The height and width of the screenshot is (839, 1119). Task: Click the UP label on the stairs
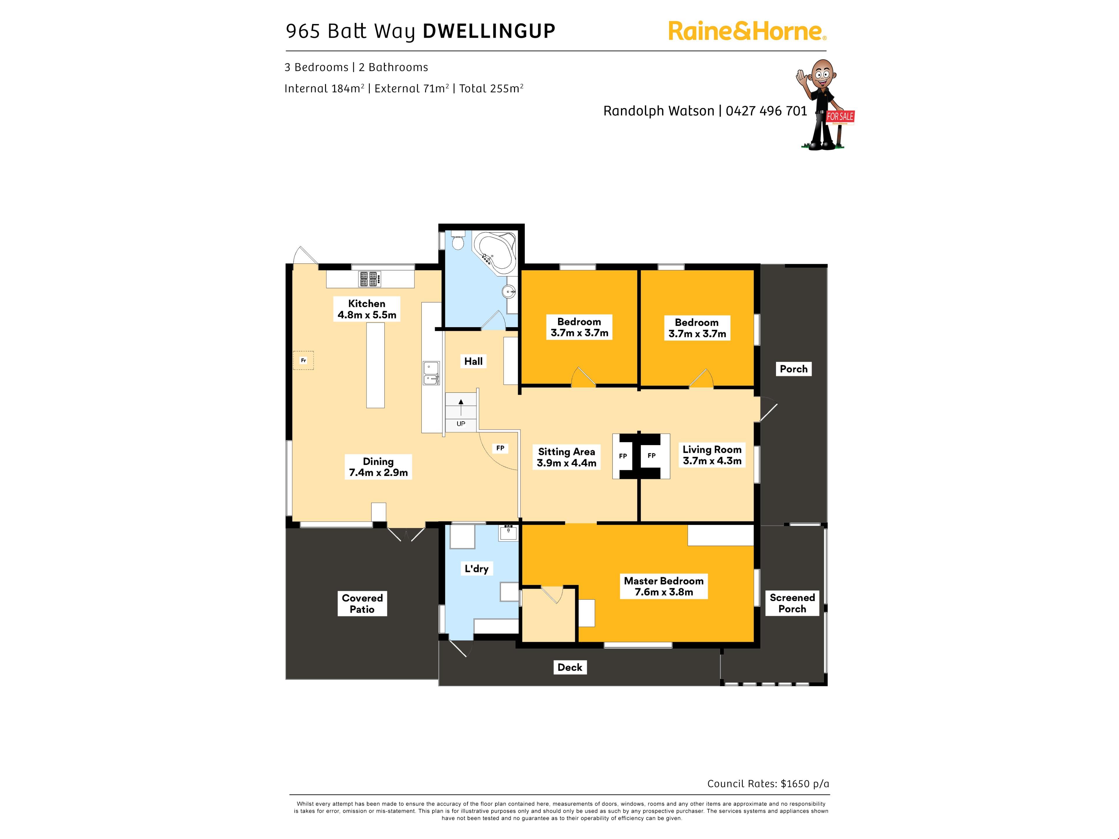461,424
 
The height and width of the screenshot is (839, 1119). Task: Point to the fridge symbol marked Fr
304,361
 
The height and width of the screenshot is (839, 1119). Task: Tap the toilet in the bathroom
458,241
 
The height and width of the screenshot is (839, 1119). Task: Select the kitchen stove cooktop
370,279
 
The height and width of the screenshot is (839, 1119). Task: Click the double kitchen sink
432,373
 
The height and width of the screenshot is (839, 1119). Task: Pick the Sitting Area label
566,457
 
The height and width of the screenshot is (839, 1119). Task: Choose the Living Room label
712,455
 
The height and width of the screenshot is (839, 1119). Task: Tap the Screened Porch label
792,603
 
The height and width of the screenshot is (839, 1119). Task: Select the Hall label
474,361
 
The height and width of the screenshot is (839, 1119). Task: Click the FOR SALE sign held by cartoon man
840,117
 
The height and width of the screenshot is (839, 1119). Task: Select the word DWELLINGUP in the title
489,31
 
